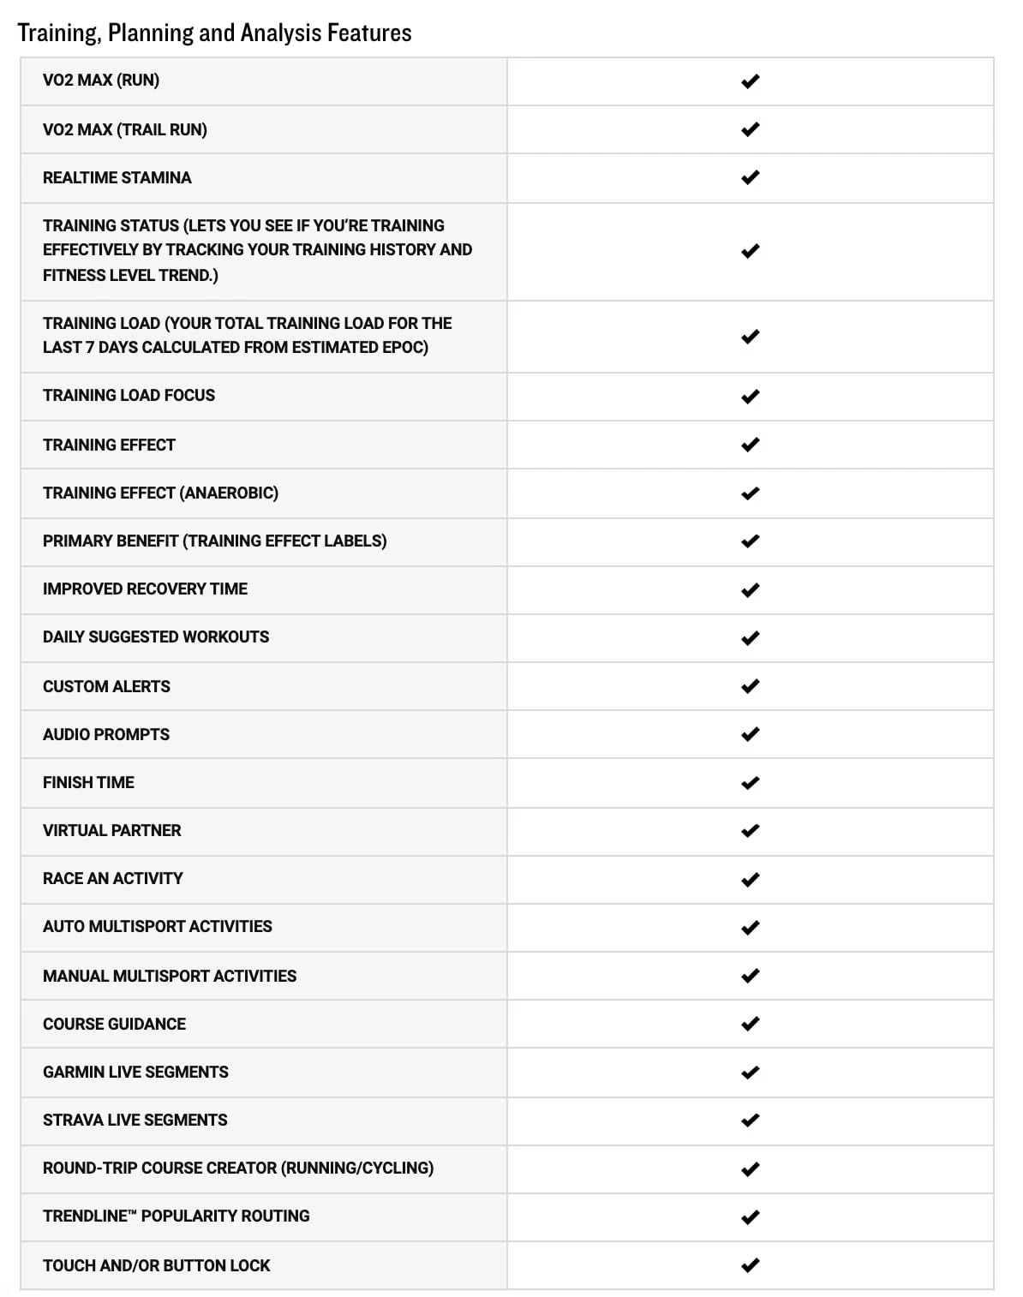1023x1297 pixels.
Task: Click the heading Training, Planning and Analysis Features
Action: (214, 33)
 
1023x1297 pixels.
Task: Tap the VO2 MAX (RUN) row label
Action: (101, 81)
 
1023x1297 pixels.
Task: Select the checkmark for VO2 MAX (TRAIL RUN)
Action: (750, 129)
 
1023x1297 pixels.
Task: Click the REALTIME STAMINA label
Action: (117, 177)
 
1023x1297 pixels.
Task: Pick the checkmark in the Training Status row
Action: (750, 251)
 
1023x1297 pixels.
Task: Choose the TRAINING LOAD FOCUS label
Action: (129, 395)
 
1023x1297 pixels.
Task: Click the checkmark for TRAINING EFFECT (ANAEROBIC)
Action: (750, 493)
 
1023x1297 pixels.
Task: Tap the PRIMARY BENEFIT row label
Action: (214, 541)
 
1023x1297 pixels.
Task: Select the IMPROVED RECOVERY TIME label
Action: (145, 589)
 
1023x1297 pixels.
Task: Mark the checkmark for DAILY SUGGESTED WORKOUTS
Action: (750, 638)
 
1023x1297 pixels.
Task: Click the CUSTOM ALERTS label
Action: (106, 686)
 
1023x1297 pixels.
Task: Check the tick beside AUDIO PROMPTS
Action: (750, 734)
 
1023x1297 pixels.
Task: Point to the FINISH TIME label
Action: (88, 782)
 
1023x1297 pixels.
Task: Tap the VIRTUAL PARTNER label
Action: (111, 830)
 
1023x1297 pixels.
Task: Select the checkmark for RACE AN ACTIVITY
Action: (750, 880)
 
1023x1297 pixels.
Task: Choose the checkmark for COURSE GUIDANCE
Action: (750, 1024)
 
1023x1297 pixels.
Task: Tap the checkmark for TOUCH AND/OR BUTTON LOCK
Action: (750, 1265)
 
